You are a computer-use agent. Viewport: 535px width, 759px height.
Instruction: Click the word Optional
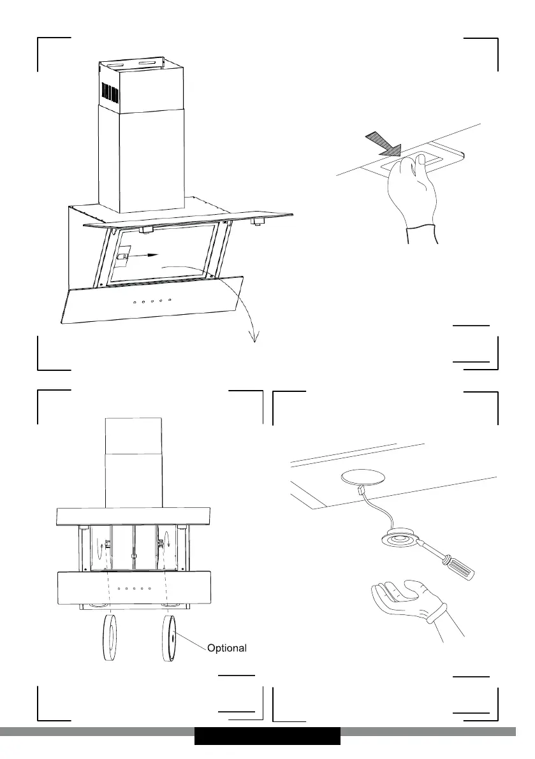pos(226,647)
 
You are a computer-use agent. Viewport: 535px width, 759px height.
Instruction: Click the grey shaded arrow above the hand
pos(385,144)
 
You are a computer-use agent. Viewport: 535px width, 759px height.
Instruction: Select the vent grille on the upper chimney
pos(110,92)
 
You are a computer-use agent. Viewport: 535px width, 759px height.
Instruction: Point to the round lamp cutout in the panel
pos(363,478)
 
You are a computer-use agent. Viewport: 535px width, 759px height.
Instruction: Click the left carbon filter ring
pos(110,639)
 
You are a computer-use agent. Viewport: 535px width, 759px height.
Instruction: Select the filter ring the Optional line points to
pos(169,639)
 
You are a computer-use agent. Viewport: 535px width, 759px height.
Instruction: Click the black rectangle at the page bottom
pos(267,736)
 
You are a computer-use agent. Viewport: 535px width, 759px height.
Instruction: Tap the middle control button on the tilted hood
pos(152,301)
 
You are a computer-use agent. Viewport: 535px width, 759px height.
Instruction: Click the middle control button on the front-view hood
pos(134,589)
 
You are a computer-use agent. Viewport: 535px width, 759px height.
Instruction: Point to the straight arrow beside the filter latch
pos(145,255)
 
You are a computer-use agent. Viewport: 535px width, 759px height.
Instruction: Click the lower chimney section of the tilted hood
pos(142,160)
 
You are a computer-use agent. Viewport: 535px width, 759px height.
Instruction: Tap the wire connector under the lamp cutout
pos(361,490)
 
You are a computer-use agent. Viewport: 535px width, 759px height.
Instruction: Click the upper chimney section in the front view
pos(134,436)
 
